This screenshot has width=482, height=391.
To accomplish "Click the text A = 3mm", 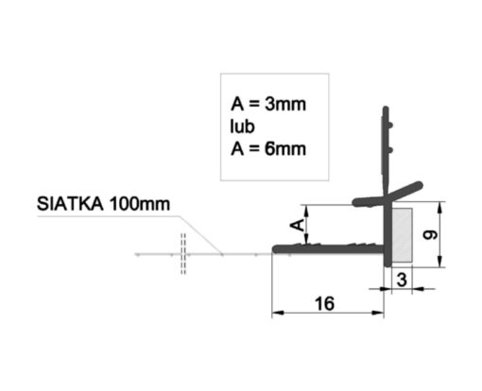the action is [x=268, y=104].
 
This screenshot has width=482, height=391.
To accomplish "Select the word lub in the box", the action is [x=242, y=127].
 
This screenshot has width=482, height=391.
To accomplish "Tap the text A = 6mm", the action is [x=268, y=149].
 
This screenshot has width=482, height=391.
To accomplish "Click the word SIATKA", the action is [x=70, y=204].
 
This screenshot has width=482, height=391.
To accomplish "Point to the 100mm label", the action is [x=140, y=204].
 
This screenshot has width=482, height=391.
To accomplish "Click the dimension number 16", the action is [x=324, y=303].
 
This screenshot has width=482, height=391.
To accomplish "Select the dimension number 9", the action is [x=430, y=235].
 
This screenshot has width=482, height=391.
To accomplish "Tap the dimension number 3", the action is [x=402, y=280].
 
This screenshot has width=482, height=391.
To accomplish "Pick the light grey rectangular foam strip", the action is [x=402, y=234].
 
